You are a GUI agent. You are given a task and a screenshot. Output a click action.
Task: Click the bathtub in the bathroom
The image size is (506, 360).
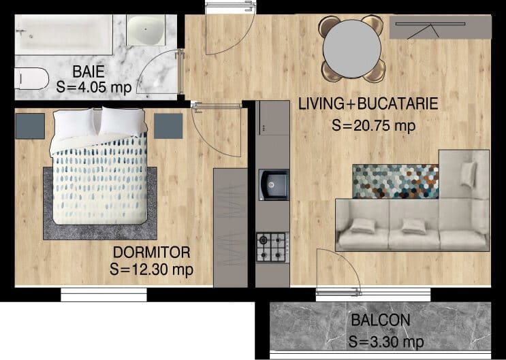pyautogui.click(x=63, y=35)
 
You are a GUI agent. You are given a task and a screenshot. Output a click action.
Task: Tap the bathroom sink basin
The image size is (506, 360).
pyautogui.click(x=146, y=30)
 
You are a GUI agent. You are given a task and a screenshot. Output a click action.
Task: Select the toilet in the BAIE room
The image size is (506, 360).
pyautogui.click(x=31, y=78)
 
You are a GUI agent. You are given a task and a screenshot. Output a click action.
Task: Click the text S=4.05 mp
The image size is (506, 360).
pyautogui.click(x=94, y=87)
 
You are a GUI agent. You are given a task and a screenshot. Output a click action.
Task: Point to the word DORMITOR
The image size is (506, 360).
pyautogui.click(x=151, y=252)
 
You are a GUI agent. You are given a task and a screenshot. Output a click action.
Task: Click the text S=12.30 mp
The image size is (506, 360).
pyautogui.click(x=151, y=269)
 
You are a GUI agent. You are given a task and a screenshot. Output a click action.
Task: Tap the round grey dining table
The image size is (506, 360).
pyautogui.click(x=352, y=49)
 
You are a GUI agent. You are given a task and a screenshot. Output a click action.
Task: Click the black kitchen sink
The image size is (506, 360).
pyautogui.click(x=274, y=185)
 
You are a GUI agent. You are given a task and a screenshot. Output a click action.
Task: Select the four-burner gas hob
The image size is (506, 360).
pyautogui.click(x=272, y=248)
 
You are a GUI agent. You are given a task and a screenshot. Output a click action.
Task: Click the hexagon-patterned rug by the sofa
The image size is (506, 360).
pyautogui.click(x=396, y=181)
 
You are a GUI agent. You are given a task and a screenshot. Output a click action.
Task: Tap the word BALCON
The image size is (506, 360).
pyautogui.click(x=381, y=321)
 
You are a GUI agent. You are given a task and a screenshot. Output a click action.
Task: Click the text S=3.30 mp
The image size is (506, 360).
pyautogui.click(x=386, y=342)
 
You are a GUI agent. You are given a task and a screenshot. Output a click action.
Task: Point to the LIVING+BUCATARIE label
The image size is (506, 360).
pyautogui.click(x=368, y=104)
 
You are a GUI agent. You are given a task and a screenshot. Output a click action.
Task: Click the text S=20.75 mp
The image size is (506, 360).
pyautogui.click(x=373, y=125)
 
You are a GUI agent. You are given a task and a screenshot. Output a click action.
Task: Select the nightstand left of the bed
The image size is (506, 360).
pyautogui.click(x=30, y=126)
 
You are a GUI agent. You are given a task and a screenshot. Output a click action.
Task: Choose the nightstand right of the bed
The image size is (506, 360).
pyautogui.click(x=168, y=126)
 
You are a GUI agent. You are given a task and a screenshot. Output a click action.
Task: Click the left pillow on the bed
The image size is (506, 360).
pyautogui.click(x=74, y=123)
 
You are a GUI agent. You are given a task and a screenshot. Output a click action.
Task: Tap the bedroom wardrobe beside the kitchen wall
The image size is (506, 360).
pyautogui.click(x=230, y=227)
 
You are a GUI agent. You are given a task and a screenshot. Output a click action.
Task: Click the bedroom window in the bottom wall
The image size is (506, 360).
pyautogui.click(x=104, y=295)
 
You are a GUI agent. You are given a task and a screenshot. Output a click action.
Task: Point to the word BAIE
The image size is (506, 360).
pyautogui.click(x=89, y=71)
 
